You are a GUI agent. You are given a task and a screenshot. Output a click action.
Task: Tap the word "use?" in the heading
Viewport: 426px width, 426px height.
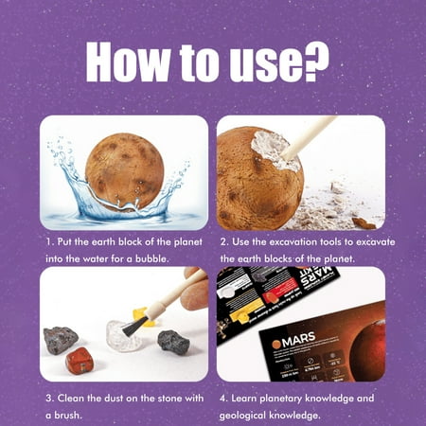tap(283, 62)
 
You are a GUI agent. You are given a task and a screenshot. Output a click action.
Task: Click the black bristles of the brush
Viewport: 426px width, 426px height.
tap(134, 325)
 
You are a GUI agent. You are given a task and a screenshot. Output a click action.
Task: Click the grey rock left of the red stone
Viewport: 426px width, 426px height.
tap(62, 339)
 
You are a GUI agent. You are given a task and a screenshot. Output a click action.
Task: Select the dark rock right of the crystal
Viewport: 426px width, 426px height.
tap(173, 343)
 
